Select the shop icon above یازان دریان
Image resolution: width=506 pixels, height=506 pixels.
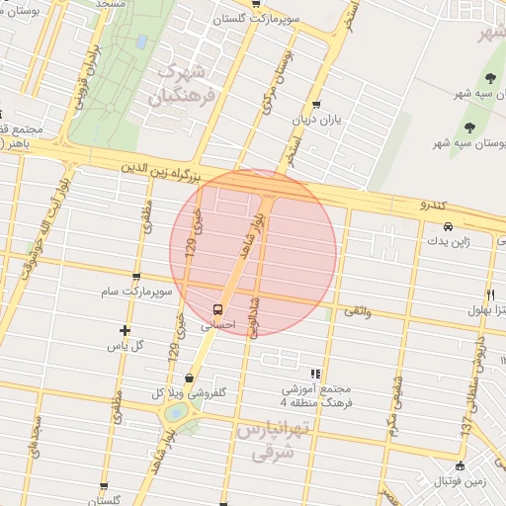(315, 104)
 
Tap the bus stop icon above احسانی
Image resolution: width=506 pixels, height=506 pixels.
(218, 306)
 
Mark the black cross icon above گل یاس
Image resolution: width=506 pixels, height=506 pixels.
(125, 330)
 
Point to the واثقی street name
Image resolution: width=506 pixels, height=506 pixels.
(356, 311)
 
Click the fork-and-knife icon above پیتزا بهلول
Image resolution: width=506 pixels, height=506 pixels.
(490, 295)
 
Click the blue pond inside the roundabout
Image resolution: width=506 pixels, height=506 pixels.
(175, 412)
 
